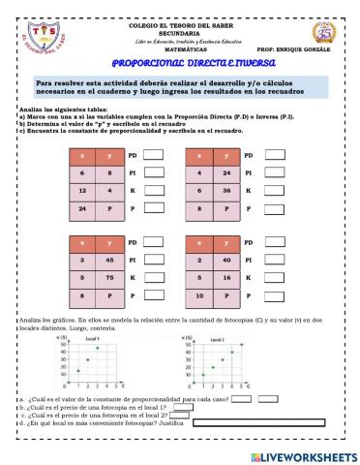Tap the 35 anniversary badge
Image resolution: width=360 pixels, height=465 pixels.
[x=324, y=33]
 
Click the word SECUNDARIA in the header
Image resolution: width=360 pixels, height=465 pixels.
[x=179, y=32]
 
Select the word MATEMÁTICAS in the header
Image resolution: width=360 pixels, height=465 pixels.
[x=179, y=48]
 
